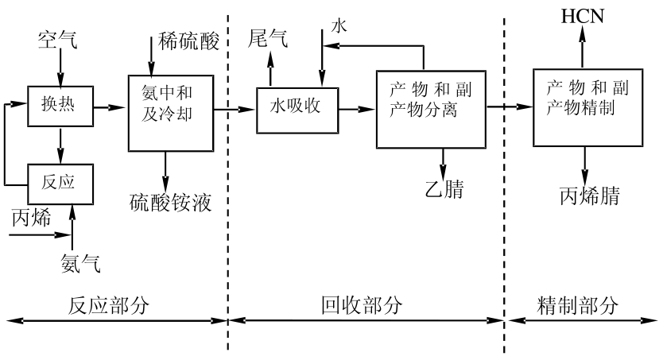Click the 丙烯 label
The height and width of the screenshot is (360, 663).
[29, 216]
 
